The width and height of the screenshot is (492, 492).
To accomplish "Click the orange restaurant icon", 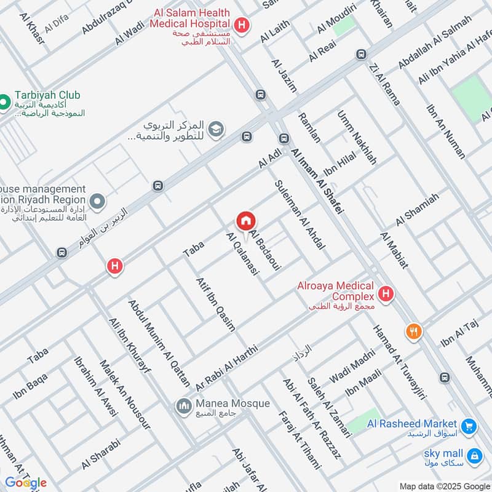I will pos(414,332).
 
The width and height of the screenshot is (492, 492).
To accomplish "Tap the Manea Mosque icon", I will pos(183,406).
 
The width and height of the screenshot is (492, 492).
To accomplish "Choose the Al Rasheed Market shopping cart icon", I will pos(469,426).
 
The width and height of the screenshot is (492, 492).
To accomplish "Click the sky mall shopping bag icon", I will pos(474,456).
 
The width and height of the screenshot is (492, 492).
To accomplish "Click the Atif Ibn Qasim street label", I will pos(215,304).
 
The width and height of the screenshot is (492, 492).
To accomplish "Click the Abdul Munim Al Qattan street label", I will pos(159,343).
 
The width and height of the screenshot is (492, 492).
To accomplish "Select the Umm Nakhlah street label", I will pos(357,138).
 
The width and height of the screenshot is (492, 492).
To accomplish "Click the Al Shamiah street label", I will pos(418,209).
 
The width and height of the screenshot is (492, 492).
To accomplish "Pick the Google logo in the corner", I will pos(26,483).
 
